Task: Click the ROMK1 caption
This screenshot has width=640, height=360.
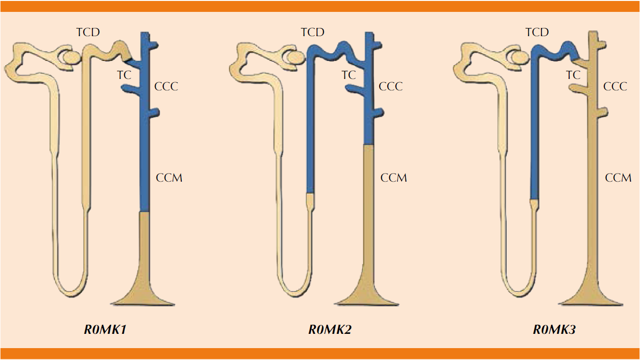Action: click(106, 330)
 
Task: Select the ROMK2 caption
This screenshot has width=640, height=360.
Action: click(330, 330)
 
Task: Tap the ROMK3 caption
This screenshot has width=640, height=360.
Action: click(554, 330)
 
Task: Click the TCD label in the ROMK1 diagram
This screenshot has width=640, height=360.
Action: click(88, 32)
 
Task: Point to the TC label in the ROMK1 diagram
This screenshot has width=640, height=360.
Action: click(124, 75)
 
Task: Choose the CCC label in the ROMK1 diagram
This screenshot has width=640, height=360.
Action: click(166, 87)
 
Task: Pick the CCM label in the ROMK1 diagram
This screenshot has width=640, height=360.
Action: click(169, 178)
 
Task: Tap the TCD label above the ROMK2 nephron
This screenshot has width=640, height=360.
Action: click(313, 32)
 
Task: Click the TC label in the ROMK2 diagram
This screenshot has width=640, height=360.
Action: click(349, 75)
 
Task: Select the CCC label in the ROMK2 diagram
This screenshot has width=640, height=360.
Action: click(391, 87)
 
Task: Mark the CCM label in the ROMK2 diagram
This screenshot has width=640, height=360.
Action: click(394, 178)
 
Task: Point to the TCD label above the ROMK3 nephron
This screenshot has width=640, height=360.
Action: click(537, 32)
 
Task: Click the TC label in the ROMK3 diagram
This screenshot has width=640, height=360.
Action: click(573, 75)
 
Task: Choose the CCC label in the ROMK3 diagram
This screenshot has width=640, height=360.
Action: click(615, 87)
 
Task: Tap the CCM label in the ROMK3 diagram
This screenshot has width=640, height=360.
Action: click(618, 178)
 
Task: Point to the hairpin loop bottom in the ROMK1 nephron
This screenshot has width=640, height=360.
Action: click(70, 287)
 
